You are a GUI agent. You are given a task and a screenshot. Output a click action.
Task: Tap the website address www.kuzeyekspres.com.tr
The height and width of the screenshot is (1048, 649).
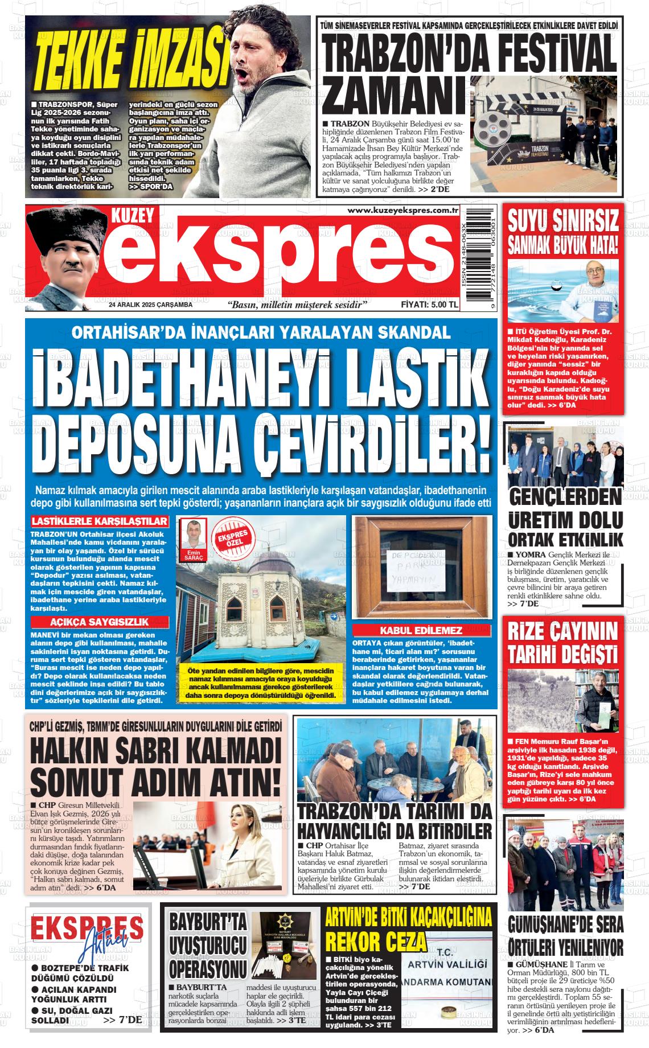point(403,211)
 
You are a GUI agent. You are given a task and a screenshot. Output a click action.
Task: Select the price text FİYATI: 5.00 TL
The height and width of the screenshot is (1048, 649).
point(429,305)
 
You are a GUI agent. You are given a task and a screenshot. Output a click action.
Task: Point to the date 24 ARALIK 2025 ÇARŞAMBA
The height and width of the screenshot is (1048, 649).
point(151,305)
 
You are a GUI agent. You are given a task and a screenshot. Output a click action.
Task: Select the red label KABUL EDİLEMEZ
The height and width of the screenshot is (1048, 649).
point(421,630)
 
